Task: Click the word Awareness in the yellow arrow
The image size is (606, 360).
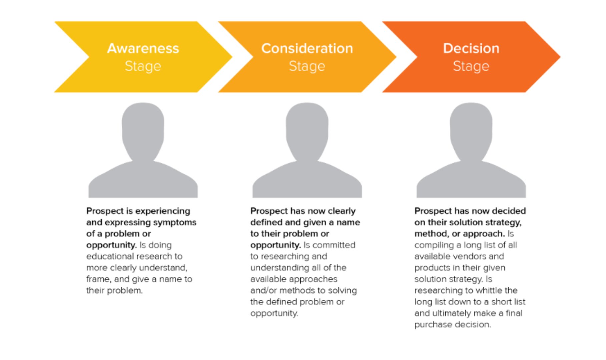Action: pos(143,49)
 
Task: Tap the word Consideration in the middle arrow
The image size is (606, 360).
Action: pos(307,49)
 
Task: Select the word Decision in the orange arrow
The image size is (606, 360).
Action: pos(471,49)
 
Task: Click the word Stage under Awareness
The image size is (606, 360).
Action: pos(143,66)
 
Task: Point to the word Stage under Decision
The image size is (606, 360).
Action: pos(471,66)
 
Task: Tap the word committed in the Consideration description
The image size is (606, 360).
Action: pos(334,245)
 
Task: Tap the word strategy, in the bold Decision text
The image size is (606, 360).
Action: pos(503,222)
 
